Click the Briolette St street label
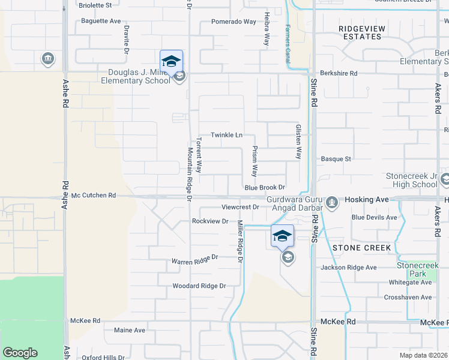95,5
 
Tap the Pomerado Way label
234,22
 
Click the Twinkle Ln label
226,135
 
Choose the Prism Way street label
255,161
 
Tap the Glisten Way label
297,142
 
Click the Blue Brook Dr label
264,188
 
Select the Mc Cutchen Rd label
93,196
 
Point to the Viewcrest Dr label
240,207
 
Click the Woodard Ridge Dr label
199,286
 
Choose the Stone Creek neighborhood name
361,248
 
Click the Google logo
20,353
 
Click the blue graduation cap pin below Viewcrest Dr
282,236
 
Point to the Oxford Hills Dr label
103,358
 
